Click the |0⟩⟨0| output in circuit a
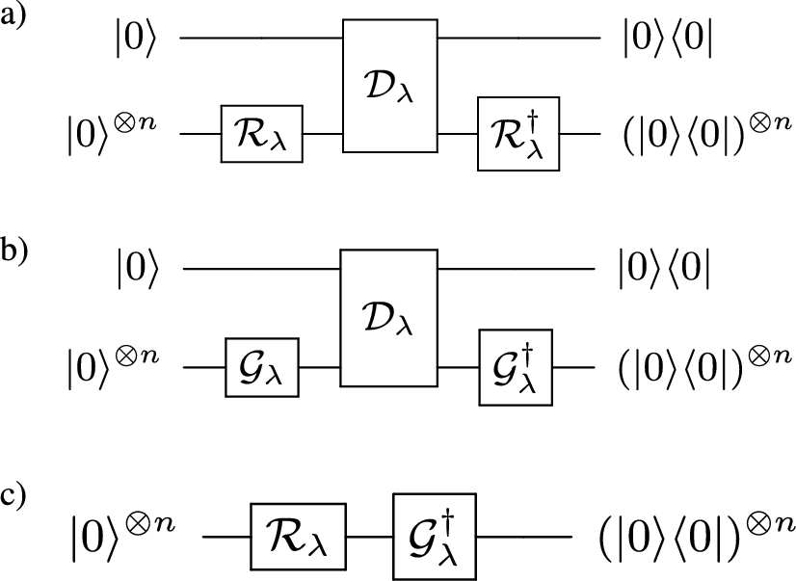coord(668,40)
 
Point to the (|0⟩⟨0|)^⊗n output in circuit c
coord(685,530)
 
